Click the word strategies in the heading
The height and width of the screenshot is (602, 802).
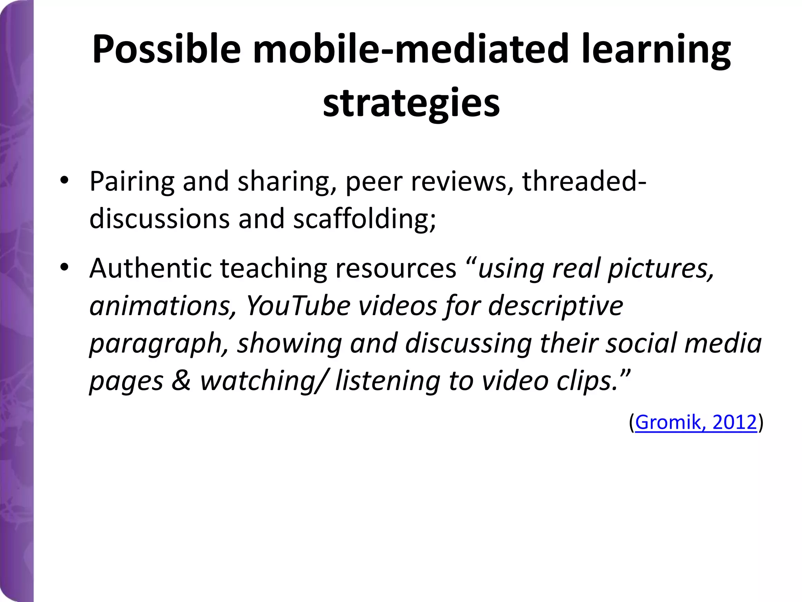tap(411, 103)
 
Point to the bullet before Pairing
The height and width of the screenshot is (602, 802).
tap(64, 181)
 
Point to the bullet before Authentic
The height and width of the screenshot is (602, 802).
tap(64, 268)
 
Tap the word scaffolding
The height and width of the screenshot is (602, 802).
tap(365, 218)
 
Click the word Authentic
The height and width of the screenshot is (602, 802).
tap(150, 268)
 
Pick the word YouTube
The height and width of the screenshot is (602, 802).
tap(298, 306)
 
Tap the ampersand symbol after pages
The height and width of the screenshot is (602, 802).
tap(181, 381)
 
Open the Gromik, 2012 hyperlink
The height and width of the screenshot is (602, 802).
tap(695, 422)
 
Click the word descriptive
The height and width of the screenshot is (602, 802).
tap(556, 306)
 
